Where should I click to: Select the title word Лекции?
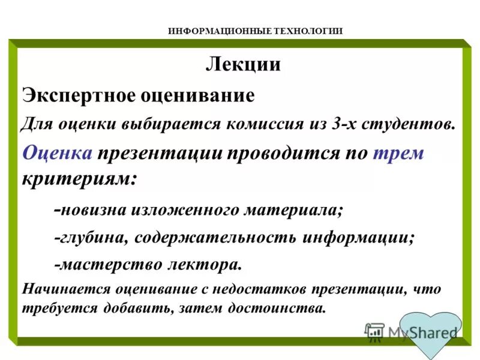pyautogui.click(x=243, y=64)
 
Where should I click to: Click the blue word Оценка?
pyautogui.click(x=58, y=153)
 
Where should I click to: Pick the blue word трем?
pyautogui.click(x=398, y=153)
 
